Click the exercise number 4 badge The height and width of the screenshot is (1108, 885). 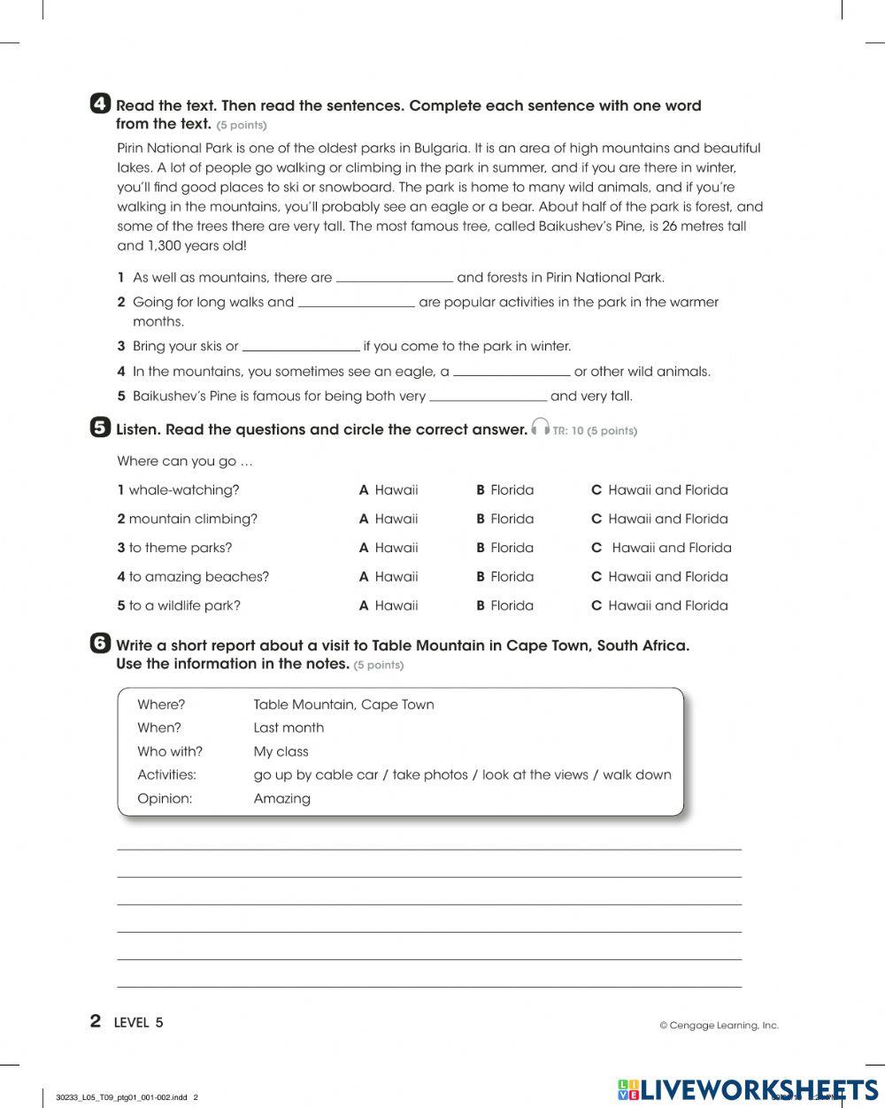click(x=101, y=104)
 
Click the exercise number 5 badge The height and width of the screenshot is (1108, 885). click(x=101, y=428)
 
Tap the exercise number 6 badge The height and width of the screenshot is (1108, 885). click(x=101, y=644)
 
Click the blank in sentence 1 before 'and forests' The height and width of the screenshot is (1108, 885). click(x=395, y=277)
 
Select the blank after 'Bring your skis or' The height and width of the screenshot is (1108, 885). click(x=301, y=346)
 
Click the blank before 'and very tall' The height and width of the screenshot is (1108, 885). click(x=488, y=396)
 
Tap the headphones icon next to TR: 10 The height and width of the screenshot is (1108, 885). click(x=540, y=428)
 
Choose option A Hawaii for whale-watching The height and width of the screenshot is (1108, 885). click(x=389, y=489)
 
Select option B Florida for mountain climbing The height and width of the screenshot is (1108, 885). click(x=505, y=519)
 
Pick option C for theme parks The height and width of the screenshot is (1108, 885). click(x=662, y=548)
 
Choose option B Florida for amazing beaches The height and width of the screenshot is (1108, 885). click(x=505, y=577)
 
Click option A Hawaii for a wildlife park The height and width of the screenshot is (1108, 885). click(x=389, y=606)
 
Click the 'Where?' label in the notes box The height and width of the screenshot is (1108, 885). click(x=161, y=704)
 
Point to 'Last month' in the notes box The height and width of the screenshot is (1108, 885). click(x=289, y=727)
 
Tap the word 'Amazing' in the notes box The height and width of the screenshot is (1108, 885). click(x=281, y=798)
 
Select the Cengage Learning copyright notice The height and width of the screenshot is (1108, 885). click(x=719, y=1026)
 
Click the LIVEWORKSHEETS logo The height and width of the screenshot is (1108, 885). click(x=748, y=1090)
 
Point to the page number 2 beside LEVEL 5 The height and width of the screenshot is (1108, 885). click(x=96, y=1021)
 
